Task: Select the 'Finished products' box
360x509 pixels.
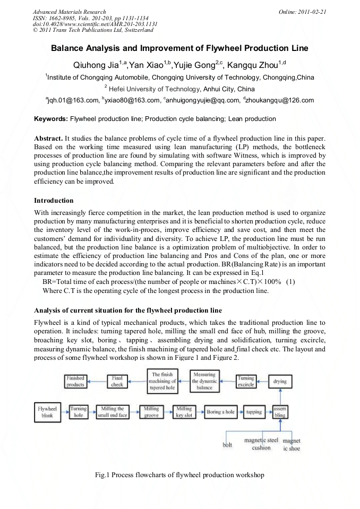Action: point(75,381)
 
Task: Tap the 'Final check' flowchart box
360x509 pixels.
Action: point(117,381)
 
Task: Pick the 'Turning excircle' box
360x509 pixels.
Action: point(246,381)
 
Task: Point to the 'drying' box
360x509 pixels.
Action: point(279,381)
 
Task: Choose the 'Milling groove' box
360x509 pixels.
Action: point(151,412)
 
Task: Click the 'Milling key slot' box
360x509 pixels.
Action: point(184,412)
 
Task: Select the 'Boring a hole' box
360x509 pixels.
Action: point(220,412)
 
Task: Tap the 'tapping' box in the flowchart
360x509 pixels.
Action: point(254,412)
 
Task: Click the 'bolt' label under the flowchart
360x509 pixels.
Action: point(227,445)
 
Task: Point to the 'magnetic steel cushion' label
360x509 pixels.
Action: point(261,444)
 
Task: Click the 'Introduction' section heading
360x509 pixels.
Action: point(54,201)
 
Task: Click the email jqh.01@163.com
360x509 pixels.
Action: point(72,100)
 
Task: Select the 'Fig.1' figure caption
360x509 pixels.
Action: point(179,475)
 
